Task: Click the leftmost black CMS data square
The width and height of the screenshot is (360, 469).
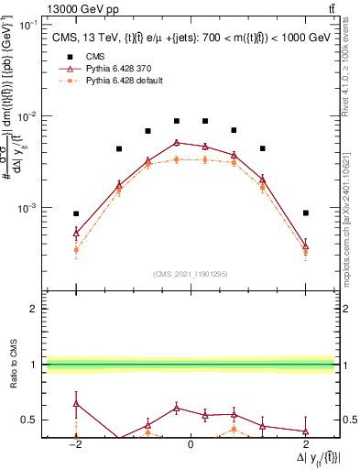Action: coord(76,213)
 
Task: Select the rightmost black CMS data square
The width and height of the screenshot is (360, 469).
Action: coord(306,213)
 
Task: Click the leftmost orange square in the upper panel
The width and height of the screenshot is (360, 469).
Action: coord(76,249)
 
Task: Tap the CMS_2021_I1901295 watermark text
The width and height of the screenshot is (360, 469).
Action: coord(191,274)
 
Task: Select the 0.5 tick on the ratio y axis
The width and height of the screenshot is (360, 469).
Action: coord(30,420)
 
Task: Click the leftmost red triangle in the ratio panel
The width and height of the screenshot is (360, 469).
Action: coord(76,403)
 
